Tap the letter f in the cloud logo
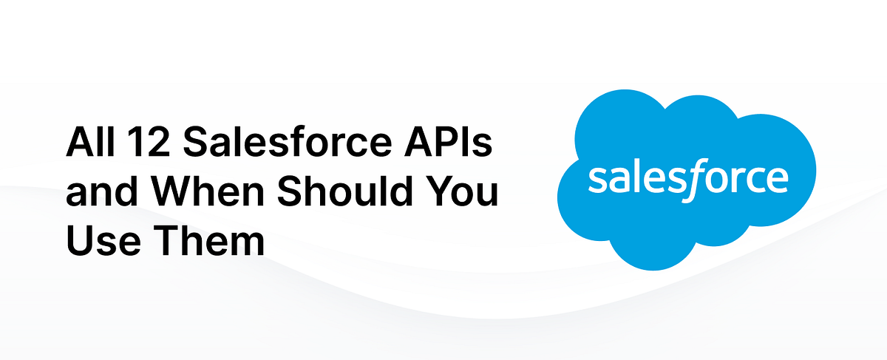click(x=693, y=179)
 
